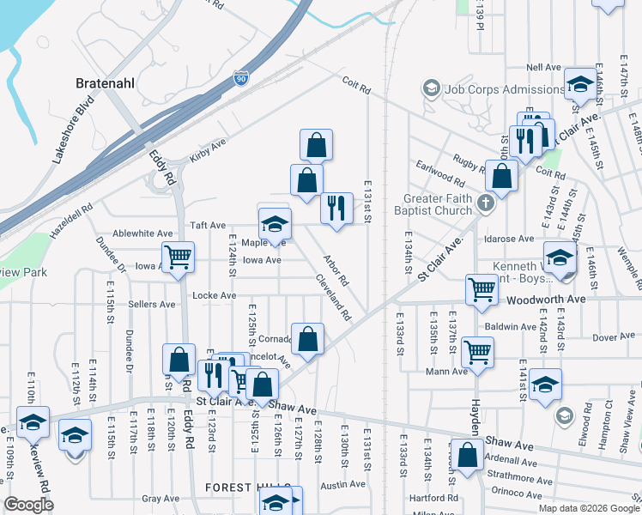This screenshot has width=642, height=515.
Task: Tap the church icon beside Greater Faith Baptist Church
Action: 485,204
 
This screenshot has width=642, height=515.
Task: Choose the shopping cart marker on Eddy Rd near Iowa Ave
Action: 178,257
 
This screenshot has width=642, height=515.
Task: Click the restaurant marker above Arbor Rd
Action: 336,208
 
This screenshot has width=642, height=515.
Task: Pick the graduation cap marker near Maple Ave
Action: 275,224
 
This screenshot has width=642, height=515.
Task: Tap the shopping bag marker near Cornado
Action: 307,338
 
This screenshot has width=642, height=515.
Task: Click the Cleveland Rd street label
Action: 334,297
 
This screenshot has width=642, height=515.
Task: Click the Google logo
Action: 29,505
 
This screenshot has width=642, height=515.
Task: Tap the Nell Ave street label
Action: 543,68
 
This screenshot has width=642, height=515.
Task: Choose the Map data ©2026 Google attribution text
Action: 581,507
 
